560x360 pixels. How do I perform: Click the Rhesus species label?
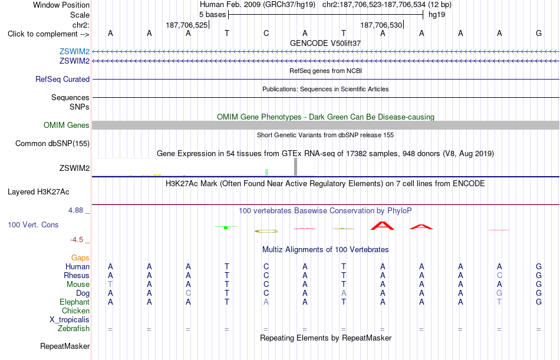click(x=77, y=275)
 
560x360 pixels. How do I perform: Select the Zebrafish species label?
click(x=74, y=328)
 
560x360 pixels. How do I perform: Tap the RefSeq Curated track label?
click(x=62, y=80)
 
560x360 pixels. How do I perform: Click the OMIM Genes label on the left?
click(x=67, y=125)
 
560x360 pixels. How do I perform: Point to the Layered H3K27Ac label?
click(x=38, y=192)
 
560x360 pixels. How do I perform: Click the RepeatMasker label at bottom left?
click(x=65, y=346)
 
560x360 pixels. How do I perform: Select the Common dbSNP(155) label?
click(x=52, y=144)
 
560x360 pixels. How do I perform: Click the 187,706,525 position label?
click(x=186, y=25)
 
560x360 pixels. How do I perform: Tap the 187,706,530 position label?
click(x=381, y=25)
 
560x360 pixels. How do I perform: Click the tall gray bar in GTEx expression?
click(x=295, y=167)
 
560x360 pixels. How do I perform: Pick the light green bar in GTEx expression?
click(x=267, y=172)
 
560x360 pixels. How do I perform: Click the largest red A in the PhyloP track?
click(x=383, y=226)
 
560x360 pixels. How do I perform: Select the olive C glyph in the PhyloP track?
click(x=266, y=231)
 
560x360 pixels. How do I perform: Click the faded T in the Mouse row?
click(x=110, y=284)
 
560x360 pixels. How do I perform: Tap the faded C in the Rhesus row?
click(x=499, y=275)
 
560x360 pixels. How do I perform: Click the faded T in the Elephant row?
click(x=499, y=302)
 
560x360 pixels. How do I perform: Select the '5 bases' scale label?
click(x=212, y=15)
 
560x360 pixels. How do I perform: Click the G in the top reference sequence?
click(x=539, y=33)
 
